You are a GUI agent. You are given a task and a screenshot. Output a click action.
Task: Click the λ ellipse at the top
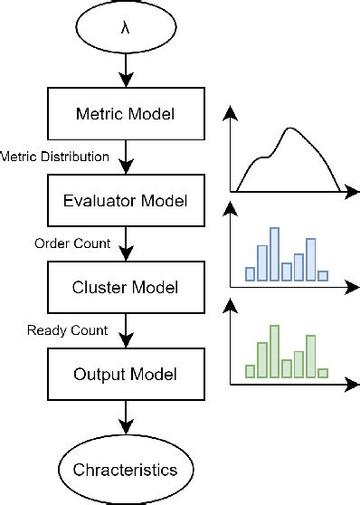pos(125,26)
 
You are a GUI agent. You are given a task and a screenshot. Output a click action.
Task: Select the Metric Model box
pos(125,115)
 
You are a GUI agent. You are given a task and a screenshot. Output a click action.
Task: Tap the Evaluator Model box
pos(125,201)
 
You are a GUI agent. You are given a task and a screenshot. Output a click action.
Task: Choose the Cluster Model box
pos(125,287)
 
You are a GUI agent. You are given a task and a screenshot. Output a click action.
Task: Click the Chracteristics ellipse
pos(125,471)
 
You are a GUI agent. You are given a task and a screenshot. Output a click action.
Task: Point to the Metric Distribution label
pos(55,157)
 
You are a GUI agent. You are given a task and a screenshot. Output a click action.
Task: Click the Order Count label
pos(72,243)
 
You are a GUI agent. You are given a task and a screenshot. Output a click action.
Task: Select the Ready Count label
pos(68,330)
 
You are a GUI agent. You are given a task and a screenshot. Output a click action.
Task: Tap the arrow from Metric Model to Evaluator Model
pos(125,157)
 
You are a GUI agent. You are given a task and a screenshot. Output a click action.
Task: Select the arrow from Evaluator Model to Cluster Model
pos(125,243)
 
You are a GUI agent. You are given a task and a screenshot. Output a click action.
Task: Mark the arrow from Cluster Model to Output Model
pos(125,330)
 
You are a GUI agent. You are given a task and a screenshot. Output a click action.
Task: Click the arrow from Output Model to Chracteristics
pos(125,420)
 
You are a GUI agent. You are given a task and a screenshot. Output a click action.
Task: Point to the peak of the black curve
pos(289,129)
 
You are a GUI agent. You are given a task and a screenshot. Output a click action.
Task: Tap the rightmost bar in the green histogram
pos(323,372)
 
